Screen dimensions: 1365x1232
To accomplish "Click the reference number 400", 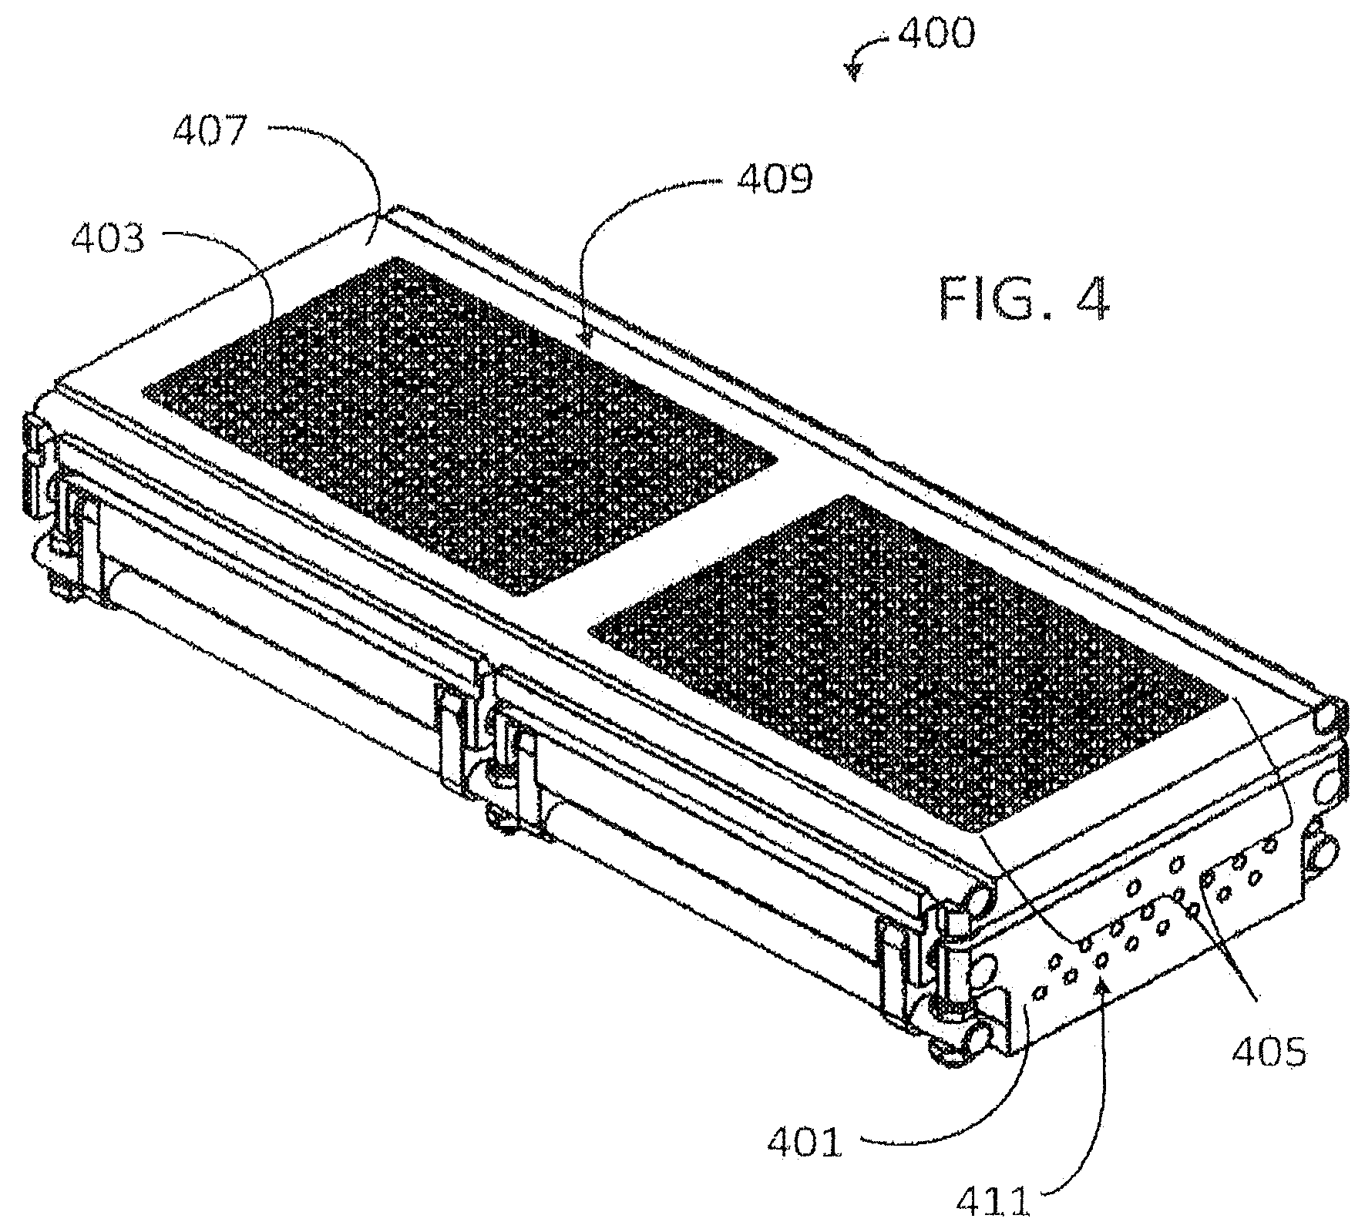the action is coord(936,34).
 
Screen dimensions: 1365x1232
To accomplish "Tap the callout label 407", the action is coord(209,132).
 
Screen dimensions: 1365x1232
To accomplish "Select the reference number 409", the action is coord(775,180).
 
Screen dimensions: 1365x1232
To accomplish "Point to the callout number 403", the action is coord(108,239).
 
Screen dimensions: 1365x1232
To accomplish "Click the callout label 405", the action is coord(1269,1051).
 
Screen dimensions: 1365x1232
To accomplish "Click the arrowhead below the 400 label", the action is coord(853,72).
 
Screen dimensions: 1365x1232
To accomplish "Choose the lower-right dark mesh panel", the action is coord(908,663).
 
